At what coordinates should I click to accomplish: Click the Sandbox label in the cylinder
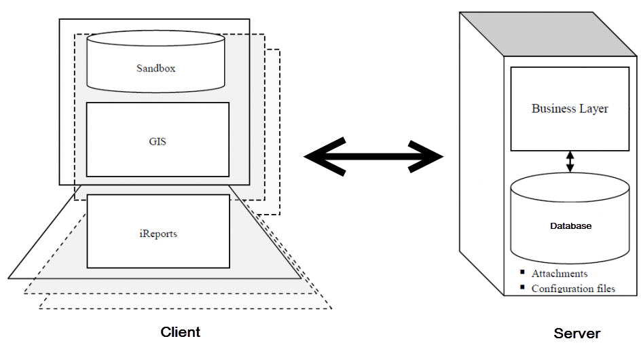pos(155,68)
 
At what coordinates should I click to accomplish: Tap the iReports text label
pos(158,234)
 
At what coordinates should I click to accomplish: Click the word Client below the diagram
pos(180,332)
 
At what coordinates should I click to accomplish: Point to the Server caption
pos(576,334)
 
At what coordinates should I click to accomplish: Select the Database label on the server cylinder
pos(570,226)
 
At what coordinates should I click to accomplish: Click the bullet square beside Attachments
pos(522,272)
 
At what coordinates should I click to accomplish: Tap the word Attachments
pos(560,274)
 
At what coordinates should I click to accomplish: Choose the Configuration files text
pos(573,289)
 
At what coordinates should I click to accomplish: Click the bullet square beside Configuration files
pos(522,287)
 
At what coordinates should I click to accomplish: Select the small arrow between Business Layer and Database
pos(570,161)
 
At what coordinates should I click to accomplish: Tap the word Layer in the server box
pos(593,109)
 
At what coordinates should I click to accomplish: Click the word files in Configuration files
pos(603,289)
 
